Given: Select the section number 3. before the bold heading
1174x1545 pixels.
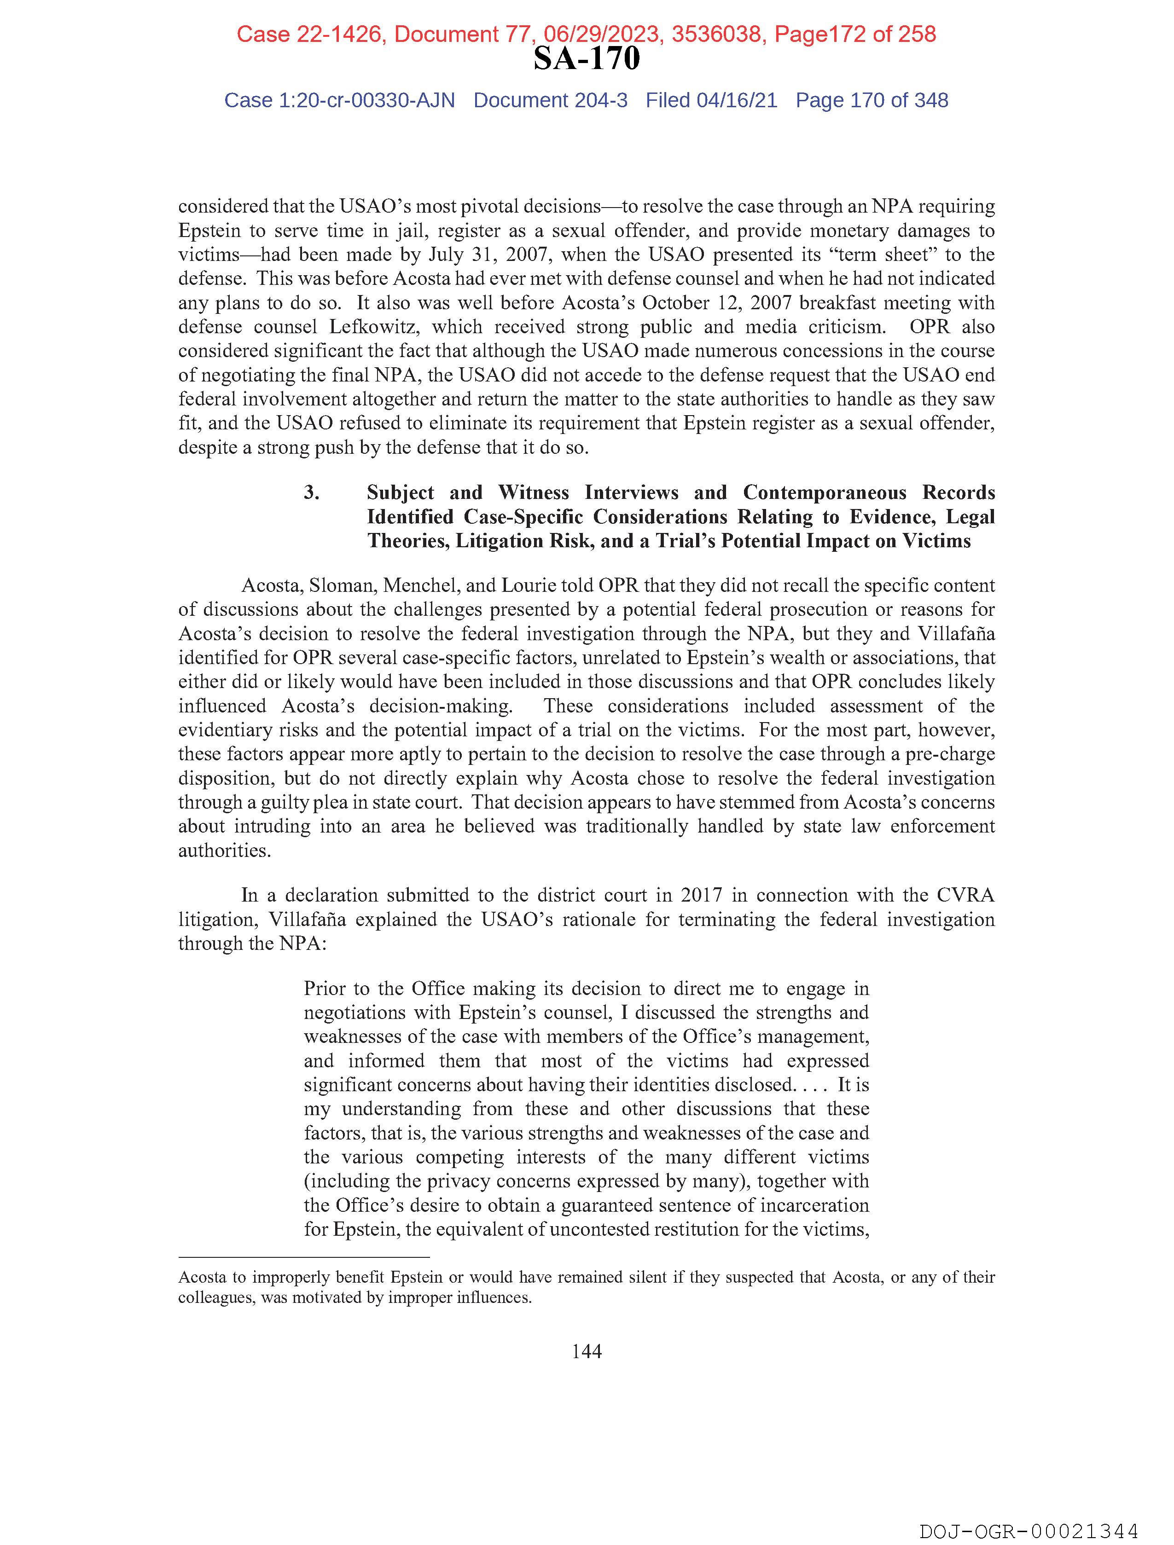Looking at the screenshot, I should tap(312, 492).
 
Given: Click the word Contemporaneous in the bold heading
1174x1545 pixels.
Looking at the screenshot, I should tap(825, 492).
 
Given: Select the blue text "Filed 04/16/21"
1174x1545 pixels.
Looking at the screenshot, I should tap(711, 101).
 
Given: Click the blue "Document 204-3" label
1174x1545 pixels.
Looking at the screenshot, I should tap(550, 101).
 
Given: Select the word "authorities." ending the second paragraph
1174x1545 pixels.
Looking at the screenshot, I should tap(224, 851).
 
